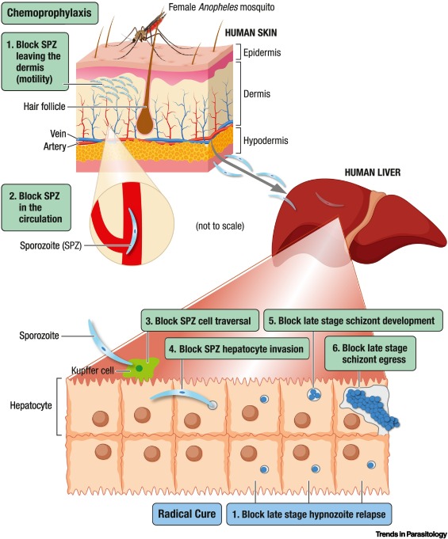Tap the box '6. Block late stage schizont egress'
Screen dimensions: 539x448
point(378,353)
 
